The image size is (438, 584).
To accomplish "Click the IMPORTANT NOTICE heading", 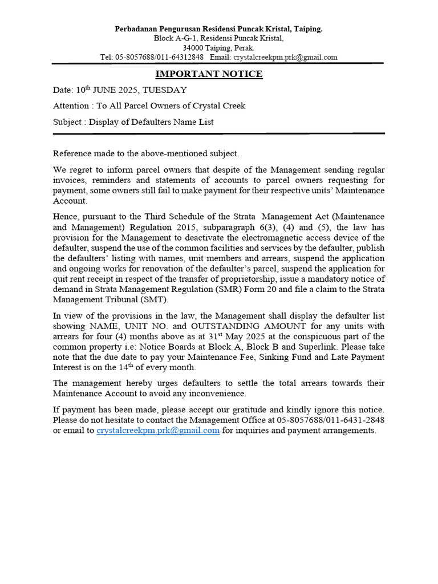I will click(209, 74).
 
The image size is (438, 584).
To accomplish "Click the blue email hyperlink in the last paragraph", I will click(158, 431).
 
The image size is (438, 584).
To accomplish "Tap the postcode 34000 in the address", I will click(193, 48).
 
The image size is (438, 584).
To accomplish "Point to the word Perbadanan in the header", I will click(136, 29).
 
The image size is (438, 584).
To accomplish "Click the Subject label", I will click(68, 121).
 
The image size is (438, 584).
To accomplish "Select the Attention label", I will click(71, 106).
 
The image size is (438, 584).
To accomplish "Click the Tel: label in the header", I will click(107, 57).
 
